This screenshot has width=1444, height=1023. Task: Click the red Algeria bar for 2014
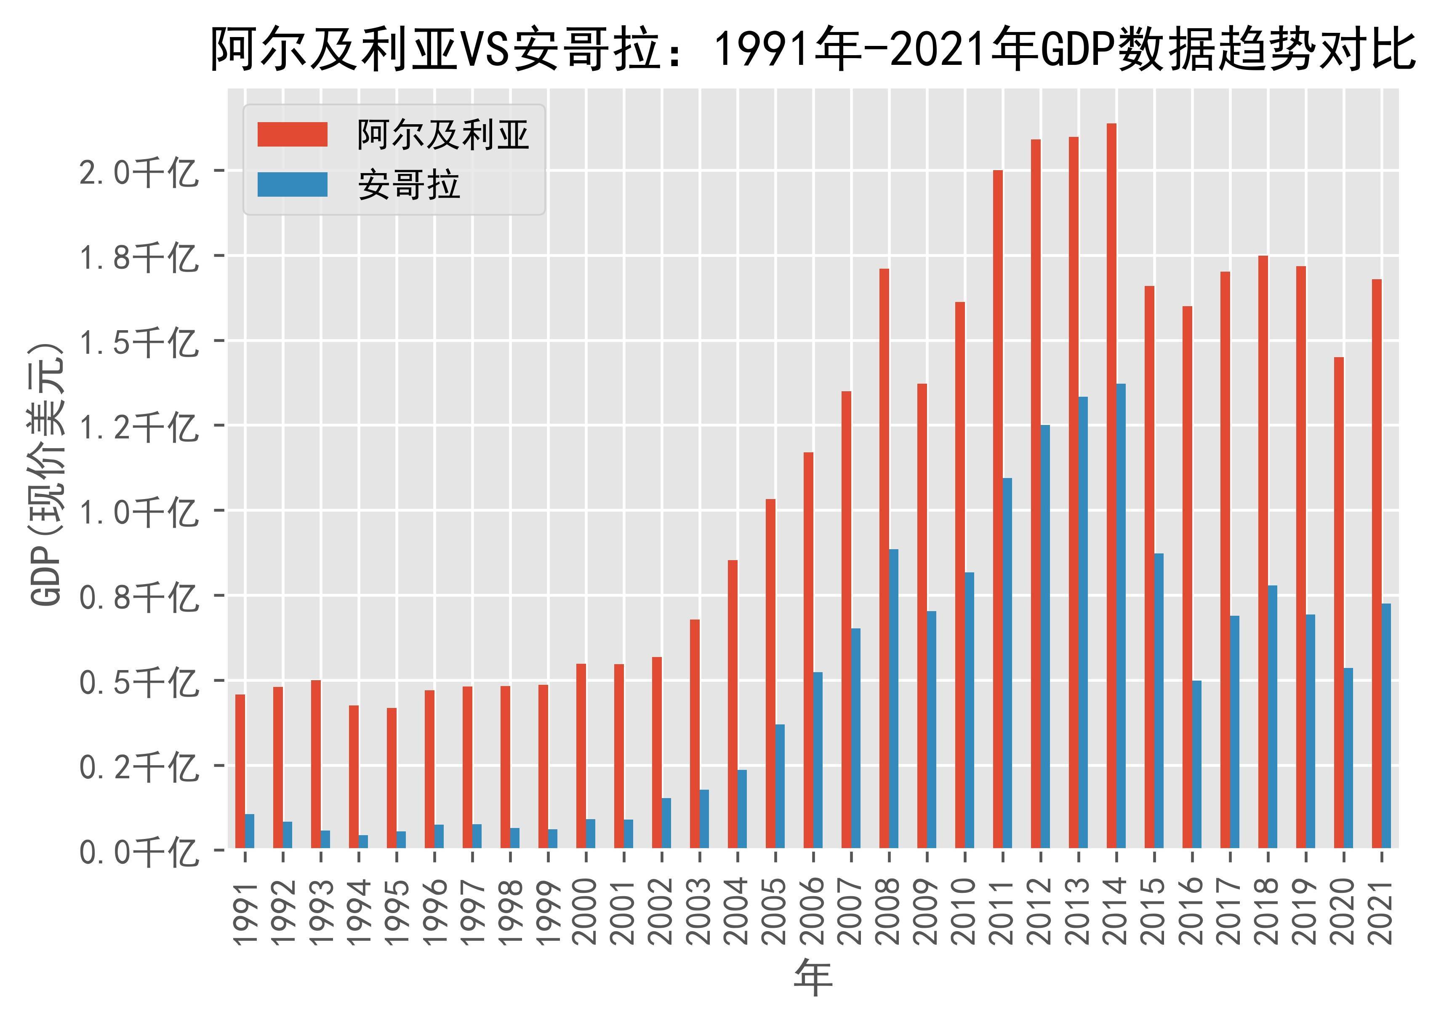tap(1111, 485)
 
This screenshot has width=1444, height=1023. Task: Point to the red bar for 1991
tap(240, 771)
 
